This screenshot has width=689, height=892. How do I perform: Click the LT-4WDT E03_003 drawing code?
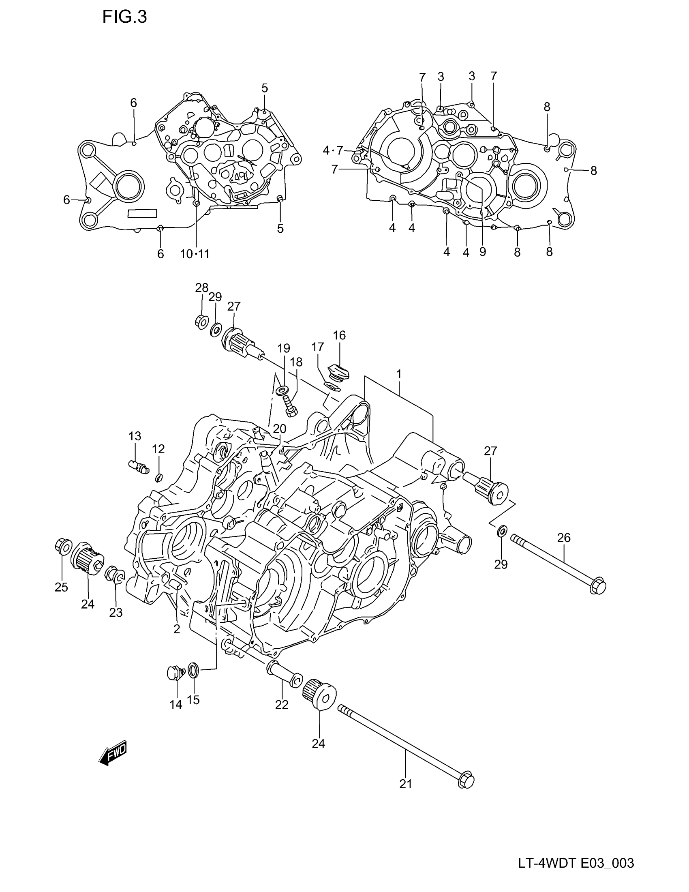click(x=576, y=863)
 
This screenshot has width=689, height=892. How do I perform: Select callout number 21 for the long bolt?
click(x=405, y=784)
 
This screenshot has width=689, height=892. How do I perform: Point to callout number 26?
click(x=564, y=538)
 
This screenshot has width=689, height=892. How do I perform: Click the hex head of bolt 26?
click(x=598, y=588)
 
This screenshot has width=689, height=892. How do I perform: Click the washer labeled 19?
click(x=281, y=390)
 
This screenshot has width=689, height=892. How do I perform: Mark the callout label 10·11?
click(x=195, y=254)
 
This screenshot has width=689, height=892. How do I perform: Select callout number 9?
click(x=482, y=252)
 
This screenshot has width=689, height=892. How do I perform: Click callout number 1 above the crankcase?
click(x=399, y=374)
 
